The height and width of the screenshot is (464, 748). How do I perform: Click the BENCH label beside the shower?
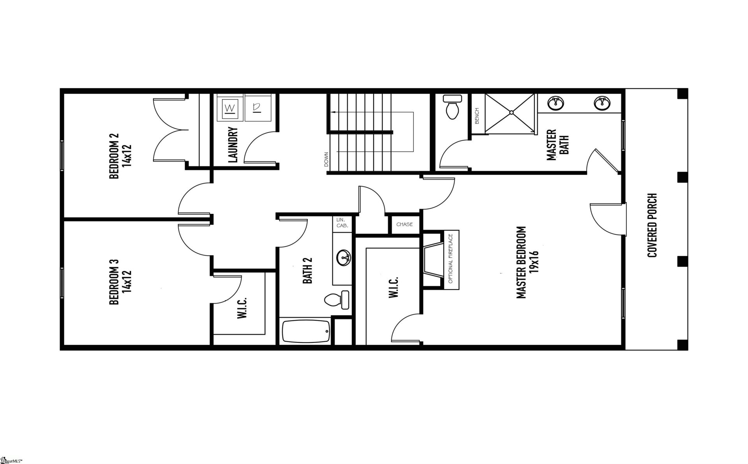477,116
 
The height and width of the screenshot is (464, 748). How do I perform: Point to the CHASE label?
404,224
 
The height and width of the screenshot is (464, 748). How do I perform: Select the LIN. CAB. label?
342,223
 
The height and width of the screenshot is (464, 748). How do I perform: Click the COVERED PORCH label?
652,225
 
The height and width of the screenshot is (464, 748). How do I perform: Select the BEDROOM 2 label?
120,156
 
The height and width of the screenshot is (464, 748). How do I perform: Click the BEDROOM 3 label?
120,282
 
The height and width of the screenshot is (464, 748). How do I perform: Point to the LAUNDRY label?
233,144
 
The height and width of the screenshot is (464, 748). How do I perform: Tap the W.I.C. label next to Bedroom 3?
242,308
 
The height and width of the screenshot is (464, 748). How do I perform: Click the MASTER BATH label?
557,145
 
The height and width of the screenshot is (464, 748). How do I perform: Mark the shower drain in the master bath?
511,113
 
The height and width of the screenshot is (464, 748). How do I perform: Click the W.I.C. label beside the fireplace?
393,288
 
